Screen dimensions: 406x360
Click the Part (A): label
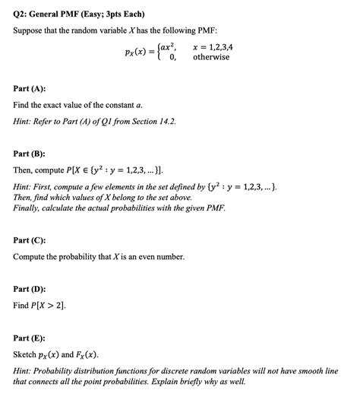[x=30, y=88]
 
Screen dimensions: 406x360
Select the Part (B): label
[x=30, y=153]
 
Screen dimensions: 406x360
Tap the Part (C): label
[x=30, y=240]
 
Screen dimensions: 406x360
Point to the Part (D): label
[x=30, y=289]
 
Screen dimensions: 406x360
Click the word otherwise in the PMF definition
[x=211, y=57]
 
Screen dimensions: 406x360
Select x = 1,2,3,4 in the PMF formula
[x=213, y=46]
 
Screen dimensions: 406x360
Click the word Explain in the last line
[x=158, y=382]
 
